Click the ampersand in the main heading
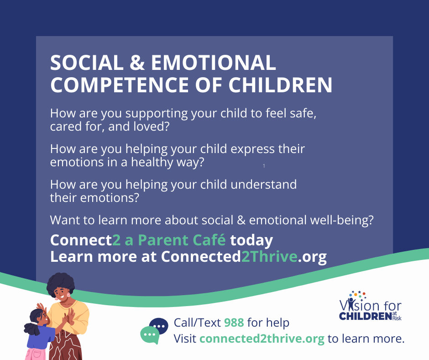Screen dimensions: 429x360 137,63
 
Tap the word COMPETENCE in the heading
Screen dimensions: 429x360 120,85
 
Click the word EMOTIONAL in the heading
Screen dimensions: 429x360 214,63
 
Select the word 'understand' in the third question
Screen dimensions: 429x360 263,185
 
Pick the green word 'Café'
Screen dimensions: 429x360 209,240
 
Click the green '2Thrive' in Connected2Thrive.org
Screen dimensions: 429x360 269,256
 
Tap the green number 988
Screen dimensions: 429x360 234,323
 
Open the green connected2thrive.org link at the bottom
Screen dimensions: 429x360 262,339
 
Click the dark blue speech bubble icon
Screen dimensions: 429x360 159,325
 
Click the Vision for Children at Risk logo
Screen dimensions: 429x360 371,306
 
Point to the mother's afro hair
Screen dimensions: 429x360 60,284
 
